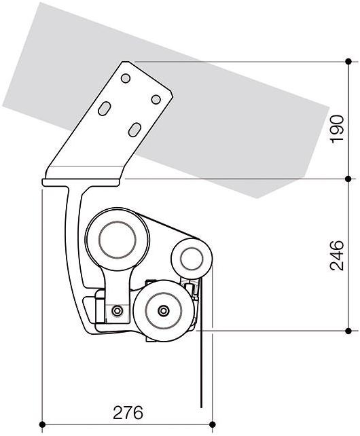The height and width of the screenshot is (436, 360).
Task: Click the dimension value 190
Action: coord(337,129)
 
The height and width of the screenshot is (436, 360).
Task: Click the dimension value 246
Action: coord(337,254)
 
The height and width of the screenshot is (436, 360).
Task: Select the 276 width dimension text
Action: coord(128,413)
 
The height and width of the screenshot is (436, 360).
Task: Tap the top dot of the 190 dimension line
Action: coord(348,62)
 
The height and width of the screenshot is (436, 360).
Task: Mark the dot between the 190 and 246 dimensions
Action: coord(348,179)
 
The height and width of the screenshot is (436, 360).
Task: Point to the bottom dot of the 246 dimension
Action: coord(348,331)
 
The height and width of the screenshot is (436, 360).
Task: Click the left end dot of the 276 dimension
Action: coord(43,425)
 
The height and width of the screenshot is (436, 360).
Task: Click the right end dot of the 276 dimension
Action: coord(213,425)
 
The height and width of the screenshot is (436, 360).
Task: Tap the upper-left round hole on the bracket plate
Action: coord(126,78)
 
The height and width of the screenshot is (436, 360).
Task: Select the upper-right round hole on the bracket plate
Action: coord(156,99)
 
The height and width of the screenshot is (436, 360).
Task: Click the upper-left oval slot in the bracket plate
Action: coord(105,109)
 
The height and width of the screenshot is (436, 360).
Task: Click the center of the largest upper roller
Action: coord(118,240)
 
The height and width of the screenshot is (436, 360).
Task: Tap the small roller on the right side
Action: coord(190,259)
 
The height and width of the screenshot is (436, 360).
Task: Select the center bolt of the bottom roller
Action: coord(162,311)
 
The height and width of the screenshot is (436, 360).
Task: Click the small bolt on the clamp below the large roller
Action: coord(118,311)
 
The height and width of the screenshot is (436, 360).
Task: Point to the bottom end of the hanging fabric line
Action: coord(201,407)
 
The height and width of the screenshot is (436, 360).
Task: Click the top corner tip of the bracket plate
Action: coord(125,62)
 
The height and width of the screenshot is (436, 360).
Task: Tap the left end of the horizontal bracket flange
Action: coord(44,182)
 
